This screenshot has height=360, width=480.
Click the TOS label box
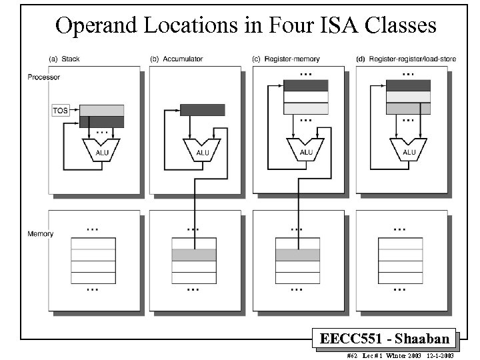click(61, 110)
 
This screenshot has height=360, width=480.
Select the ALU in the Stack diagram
click(100, 151)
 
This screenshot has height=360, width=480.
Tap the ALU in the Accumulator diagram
click(203, 151)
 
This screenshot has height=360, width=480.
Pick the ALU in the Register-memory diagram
click(306, 150)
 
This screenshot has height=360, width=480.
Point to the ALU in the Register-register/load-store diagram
click(409, 150)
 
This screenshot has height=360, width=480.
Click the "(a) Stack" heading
click(65, 59)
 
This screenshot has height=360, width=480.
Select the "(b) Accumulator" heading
click(177, 59)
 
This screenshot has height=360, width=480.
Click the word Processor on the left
click(44, 77)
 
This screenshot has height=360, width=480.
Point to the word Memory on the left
click(41, 234)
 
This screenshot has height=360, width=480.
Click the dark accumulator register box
click(203, 110)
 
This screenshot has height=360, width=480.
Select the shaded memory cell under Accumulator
click(194, 255)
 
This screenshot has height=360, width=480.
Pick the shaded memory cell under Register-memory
click(297, 255)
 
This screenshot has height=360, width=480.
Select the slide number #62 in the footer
click(353, 355)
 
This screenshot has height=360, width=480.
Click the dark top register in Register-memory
click(306, 85)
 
